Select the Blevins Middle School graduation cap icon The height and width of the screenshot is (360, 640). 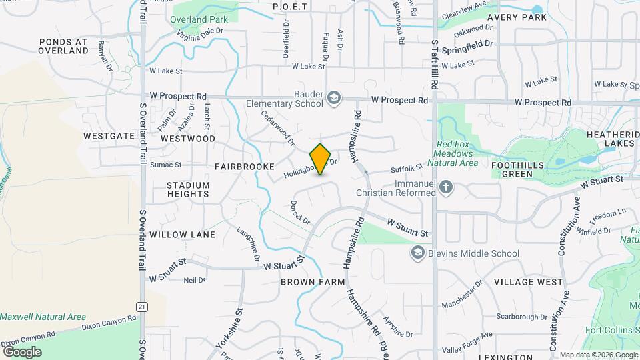pos(417,253)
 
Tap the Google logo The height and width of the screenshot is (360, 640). pos(22,351)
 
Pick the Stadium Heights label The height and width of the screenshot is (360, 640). pos(188,189)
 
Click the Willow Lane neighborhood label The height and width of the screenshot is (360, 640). pos(182,235)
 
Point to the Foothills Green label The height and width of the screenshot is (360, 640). pos(517,169)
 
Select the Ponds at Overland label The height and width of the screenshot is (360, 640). pos(63,45)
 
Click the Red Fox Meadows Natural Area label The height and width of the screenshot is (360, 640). pos(457,153)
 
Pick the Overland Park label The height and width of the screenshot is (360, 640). pos(199,19)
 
